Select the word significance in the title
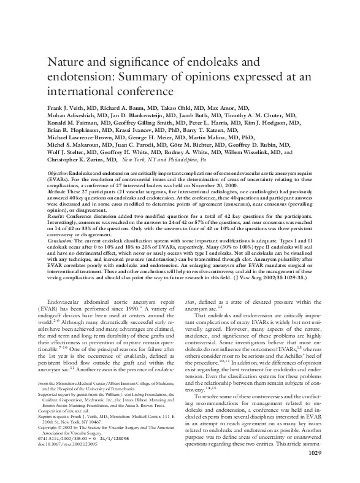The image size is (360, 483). point(134,62)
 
